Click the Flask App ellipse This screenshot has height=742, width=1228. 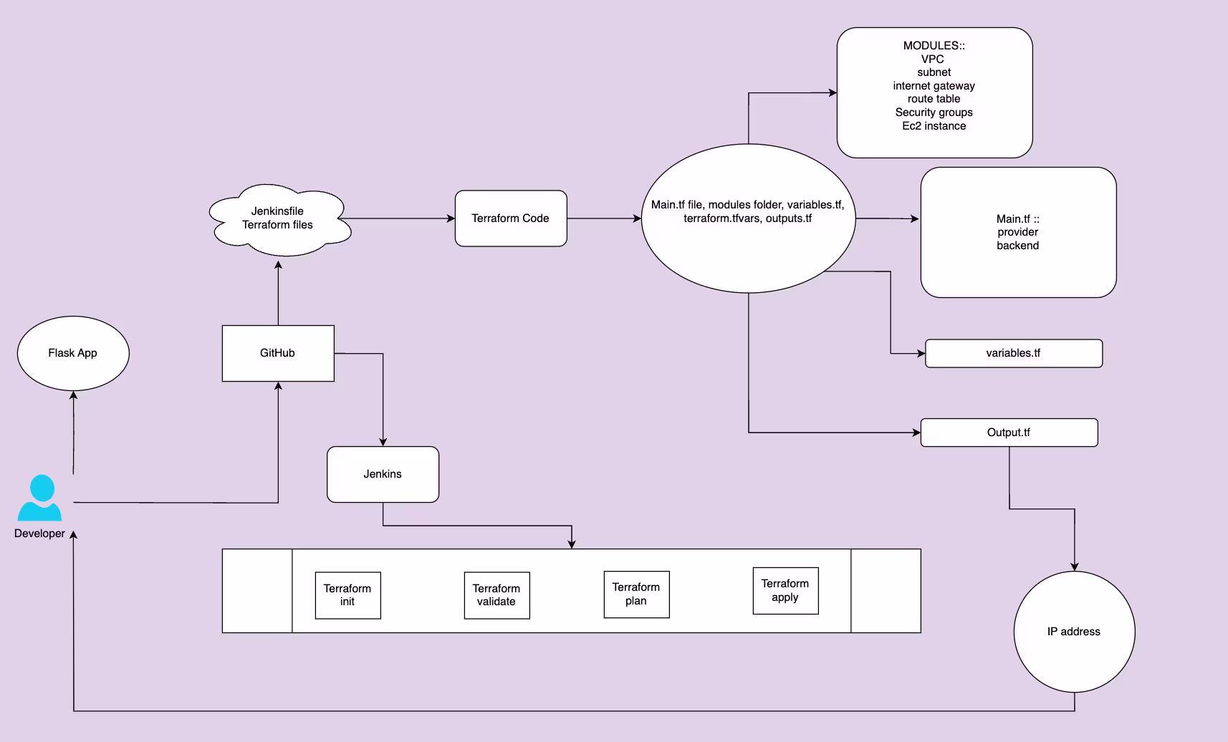73,353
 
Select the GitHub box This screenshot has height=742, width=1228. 278,353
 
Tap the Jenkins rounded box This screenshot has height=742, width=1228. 383,474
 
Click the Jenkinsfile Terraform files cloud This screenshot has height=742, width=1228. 278,218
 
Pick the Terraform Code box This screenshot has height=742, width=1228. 511,218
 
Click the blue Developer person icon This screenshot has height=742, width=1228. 39,498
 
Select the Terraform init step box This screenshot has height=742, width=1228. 347,595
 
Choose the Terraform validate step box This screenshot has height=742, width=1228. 497,595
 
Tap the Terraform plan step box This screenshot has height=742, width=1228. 636,594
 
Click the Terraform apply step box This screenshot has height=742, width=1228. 785,591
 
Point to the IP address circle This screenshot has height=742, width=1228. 1074,632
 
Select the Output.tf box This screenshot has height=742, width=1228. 1009,433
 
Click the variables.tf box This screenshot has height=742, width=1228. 1013,353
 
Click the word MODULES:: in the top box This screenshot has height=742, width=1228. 934,46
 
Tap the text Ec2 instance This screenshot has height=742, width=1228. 934,126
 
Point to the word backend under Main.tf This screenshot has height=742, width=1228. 1017,246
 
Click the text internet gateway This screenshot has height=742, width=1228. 934,86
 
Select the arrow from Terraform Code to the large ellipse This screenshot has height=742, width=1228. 604,218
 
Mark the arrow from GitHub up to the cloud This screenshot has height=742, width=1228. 278,294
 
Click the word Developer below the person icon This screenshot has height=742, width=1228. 39,534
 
